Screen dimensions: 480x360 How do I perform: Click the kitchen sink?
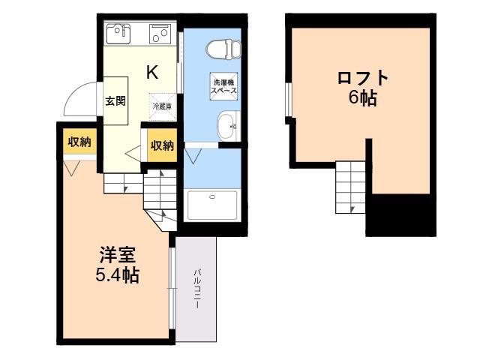coord(118,33)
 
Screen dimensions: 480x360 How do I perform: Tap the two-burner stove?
coord(159,34)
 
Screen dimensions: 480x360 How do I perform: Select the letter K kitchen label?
coord(152,72)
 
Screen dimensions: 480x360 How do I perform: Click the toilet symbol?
coord(223,49)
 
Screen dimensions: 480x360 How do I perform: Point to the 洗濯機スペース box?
coord(223,86)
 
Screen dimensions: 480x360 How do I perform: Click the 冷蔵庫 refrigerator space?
coord(162,106)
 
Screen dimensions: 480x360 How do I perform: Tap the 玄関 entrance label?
coord(115,100)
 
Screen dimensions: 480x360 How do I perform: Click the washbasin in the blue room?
coord(228,126)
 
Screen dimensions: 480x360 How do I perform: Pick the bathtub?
coord(212,205)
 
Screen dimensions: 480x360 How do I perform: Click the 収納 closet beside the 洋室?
coord(79,142)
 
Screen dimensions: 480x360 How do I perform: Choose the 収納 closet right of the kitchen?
coord(162,145)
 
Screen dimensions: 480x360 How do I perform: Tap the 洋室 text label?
coord(117,255)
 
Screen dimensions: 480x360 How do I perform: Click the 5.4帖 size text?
coord(118,275)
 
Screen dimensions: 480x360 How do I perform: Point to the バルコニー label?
coord(196,288)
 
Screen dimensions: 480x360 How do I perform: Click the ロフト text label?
coord(363,77)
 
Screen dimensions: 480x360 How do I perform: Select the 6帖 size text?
coord(363,98)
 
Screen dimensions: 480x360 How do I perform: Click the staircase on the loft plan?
coord(350,187)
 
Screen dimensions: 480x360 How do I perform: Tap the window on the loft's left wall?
coord(288,100)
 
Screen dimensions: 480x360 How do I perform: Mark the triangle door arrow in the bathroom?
coord(193,156)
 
